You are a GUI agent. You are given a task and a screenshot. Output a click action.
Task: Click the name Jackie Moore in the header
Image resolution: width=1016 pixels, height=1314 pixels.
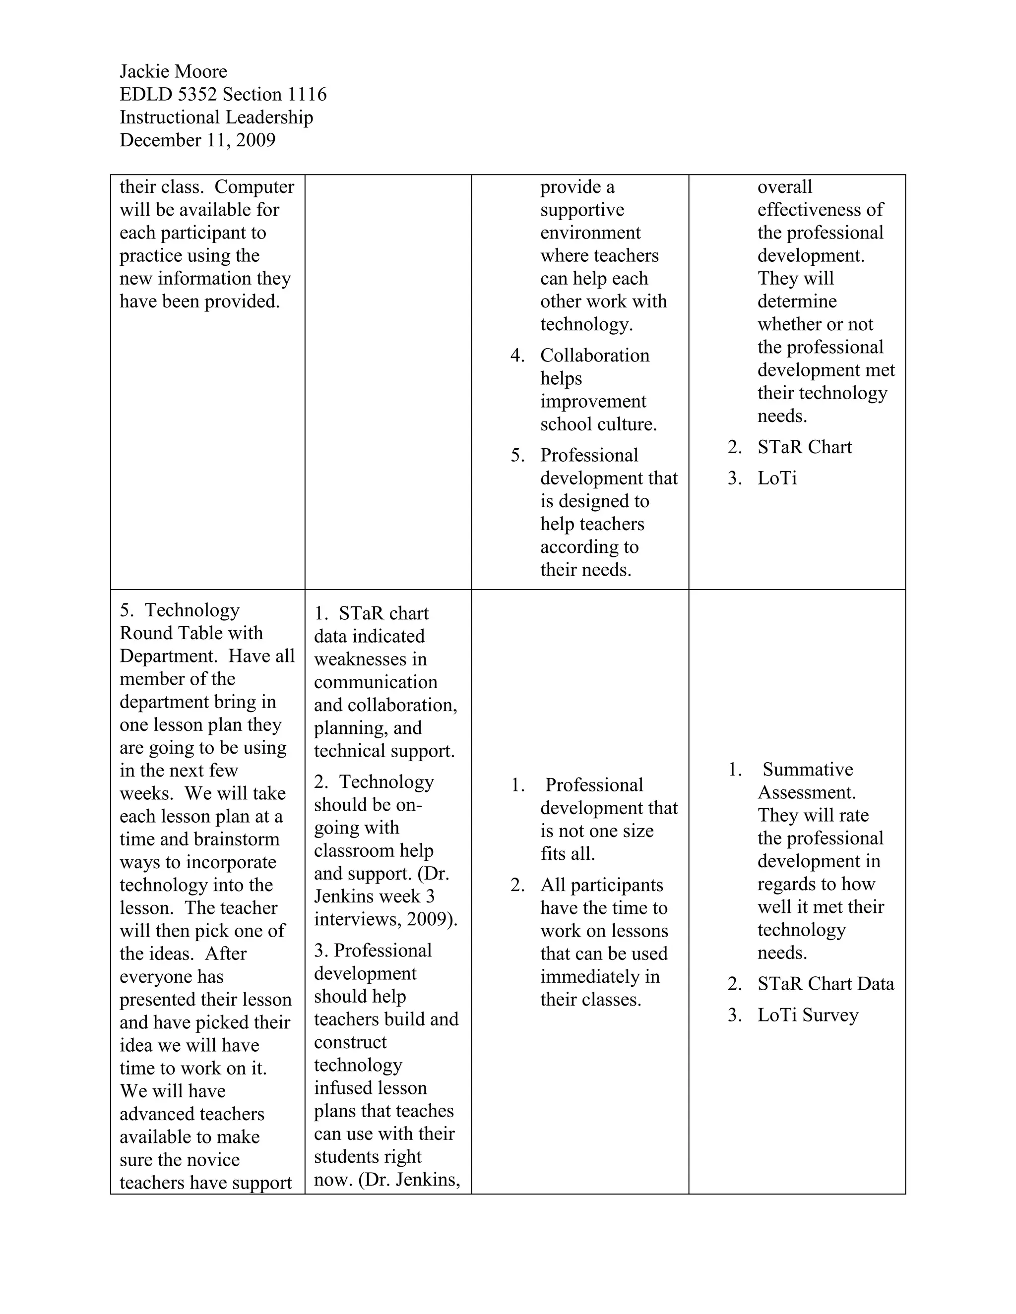click(173, 71)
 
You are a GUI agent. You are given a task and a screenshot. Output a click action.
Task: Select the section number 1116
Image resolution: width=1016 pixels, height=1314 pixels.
click(307, 94)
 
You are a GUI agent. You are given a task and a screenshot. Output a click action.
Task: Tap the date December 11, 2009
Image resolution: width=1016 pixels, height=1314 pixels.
click(197, 140)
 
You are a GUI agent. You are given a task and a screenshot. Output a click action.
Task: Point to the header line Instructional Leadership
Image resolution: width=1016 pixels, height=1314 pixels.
click(216, 118)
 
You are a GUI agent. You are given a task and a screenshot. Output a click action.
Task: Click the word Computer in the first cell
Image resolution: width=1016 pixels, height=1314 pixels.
click(254, 187)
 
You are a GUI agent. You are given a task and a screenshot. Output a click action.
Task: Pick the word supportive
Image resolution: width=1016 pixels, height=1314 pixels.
click(582, 210)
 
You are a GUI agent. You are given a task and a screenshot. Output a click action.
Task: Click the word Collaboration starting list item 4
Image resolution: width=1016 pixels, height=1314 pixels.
click(595, 356)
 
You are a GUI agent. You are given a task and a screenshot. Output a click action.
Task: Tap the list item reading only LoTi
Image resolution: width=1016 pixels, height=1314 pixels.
click(777, 478)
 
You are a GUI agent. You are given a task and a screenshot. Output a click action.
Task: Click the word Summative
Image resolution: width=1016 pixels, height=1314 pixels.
click(808, 770)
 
